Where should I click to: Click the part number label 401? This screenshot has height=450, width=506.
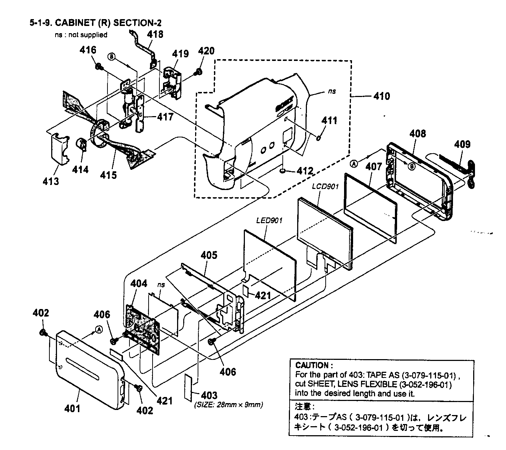(72, 409)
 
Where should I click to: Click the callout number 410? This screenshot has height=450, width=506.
(382, 96)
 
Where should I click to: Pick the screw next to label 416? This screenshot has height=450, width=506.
(98, 67)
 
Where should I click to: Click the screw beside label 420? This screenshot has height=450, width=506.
(198, 72)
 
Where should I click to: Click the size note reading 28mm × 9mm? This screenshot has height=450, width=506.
(228, 405)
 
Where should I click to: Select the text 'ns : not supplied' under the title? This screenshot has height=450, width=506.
(80, 35)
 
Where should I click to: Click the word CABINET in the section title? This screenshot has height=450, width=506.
(75, 23)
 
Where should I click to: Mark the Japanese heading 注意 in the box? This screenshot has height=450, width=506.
(302, 407)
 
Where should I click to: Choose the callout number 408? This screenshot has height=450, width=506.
(417, 134)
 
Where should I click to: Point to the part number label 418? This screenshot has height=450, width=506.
(155, 35)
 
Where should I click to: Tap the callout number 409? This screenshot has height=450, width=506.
(462, 145)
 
